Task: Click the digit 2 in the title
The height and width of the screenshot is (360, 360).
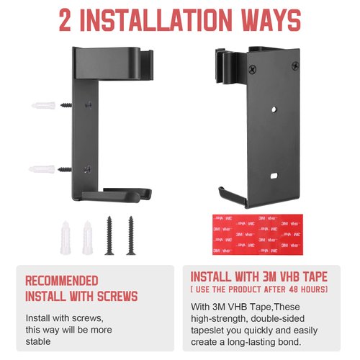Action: click(x=65, y=20)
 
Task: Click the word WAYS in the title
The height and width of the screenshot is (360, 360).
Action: click(x=271, y=20)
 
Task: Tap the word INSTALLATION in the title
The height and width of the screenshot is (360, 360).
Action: click(x=156, y=20)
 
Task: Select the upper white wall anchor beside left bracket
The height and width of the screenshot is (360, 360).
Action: click(x=43, y=105)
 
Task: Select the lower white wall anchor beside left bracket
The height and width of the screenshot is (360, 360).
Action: click(x=42, y=169)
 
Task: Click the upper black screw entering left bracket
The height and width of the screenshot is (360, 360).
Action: click(x=66, y=105)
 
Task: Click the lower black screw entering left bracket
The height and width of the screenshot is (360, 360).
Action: click(x=65, y=169)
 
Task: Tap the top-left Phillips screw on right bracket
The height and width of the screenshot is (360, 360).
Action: click(x=252, y=69)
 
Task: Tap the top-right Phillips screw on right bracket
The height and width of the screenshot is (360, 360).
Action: click(x=295, y=66)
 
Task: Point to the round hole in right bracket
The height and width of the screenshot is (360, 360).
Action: click(x=274, y=109)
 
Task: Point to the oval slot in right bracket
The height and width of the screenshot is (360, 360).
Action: click(x=274, y=176)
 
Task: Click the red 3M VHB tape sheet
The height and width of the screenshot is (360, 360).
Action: click(x=258, y=235)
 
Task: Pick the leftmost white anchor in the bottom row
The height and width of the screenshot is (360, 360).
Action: click(x=66, y=238)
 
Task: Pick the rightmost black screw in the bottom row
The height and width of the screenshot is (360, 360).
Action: click(x=131, y=235)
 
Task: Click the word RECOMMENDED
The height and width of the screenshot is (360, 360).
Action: click(x=62, y=281)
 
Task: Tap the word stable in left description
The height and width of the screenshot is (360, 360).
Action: click(x=38, y=341)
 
